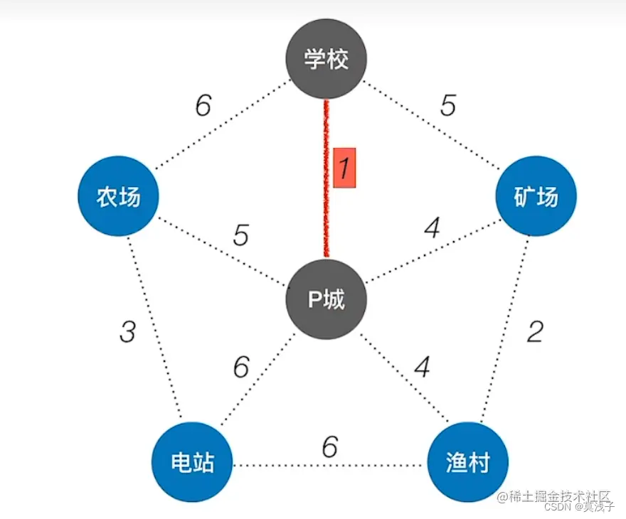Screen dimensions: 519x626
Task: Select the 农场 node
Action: pyautogui.click(x=118, y=197)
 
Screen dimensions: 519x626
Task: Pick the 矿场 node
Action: pyautogui.click(x=536, y=197)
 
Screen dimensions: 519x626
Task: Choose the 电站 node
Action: pyautogui.click(x=193, y=464)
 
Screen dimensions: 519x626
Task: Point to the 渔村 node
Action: pyautogui.click(x=468, y=464)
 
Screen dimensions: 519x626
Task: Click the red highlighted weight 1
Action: pyautogui.click(x=344, y=168)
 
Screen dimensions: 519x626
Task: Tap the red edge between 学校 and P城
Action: pyautogui.click(x=327, y=213)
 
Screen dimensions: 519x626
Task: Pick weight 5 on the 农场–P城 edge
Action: pyautogui.click(x=241, y=235)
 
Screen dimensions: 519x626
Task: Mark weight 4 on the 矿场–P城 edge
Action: pyautogui.click(x=431, y=229)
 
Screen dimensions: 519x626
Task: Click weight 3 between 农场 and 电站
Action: pyautogui.click(x=127, y=331)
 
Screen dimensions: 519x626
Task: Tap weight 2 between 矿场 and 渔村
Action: pyautogui.click(x=535, y=331)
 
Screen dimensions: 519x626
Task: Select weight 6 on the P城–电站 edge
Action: pyautogui.click(x=241, y=368)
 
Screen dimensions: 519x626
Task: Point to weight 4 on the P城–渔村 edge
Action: pyautogui.click(x=423, y=368)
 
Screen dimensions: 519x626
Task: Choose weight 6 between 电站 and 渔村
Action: pyautogui.click(x=329, y=447)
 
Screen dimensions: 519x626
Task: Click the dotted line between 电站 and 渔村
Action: pyautogui.click(x=285, y=466)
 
